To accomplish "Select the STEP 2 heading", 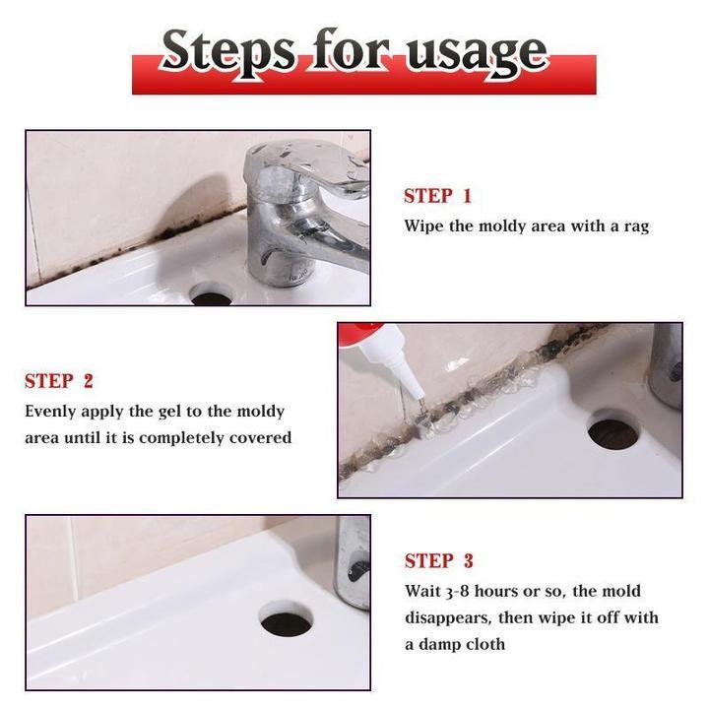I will tap(59, 381).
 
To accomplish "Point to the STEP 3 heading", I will tap(438, 561).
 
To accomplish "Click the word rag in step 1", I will tap(635, 226).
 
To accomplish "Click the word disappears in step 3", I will tap(446, 617).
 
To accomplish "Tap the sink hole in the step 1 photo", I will tap(210, 293).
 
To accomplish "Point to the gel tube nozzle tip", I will tap(419, 400).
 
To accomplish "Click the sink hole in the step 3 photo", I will tap(286, 621).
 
